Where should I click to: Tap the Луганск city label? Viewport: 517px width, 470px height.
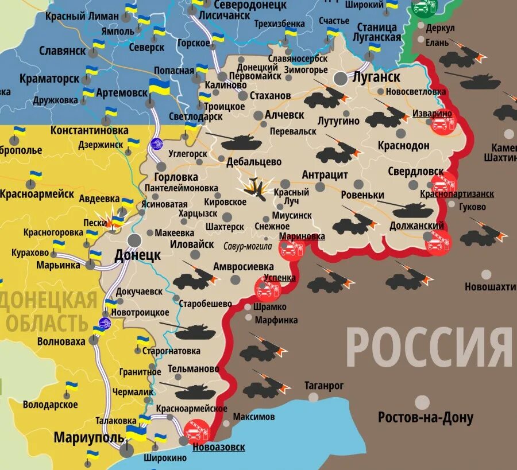(377, 76)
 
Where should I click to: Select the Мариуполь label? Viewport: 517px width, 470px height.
(88, 438)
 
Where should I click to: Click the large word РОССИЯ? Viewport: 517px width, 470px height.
(428, 348)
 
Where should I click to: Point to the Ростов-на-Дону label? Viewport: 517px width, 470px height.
(425, 417)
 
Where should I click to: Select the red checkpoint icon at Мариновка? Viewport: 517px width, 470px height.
(292, 250)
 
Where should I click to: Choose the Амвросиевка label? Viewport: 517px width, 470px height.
(244, 266)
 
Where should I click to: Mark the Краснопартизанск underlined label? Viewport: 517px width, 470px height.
(457, 195)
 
